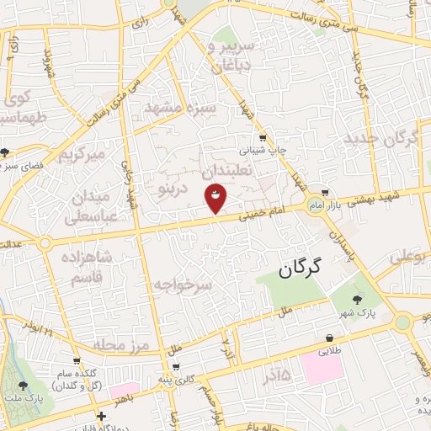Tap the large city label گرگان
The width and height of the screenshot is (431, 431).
click(x=300, y=269)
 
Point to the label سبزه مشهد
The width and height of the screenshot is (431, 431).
click(x=180, y=109)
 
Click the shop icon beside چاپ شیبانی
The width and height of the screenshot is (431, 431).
click(x=263, y=138)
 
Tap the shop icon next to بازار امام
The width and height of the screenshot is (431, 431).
click(x=325, y=193)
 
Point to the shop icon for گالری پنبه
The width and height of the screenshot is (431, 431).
click(x=175, y=367)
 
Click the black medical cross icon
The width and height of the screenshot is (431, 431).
click(x=101, y=417)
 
